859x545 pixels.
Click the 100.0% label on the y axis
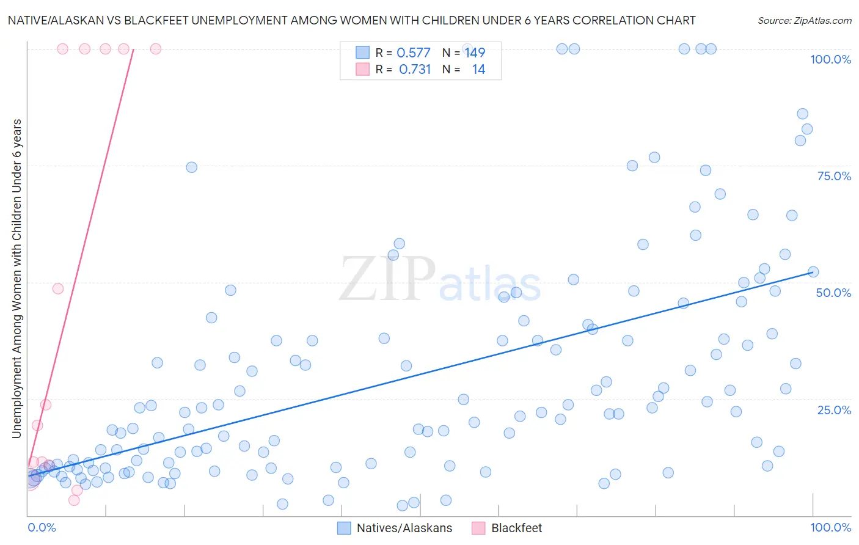pos(830,59)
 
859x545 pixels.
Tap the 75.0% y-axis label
pos(834,176)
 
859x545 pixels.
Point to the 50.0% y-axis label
pos(833,293)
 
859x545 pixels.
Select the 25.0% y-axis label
pos(834,410)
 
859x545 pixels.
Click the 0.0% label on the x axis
pos(42,527)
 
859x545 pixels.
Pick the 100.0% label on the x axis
pos(830,527)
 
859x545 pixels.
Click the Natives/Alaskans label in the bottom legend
pos(404,528)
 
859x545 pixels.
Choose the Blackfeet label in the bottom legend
pos(516,528)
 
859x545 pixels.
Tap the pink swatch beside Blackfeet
pos(478,528)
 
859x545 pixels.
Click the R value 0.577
pos(414,53)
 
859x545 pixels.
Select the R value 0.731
pos(415,70)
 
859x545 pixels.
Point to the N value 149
pos(475,53)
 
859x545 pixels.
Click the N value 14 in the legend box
pos(478,70)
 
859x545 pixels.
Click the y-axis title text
pos(16,278)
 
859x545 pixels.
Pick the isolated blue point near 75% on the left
pos(191,167)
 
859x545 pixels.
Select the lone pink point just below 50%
pos(58,288)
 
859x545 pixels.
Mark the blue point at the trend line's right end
pos(813,272)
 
